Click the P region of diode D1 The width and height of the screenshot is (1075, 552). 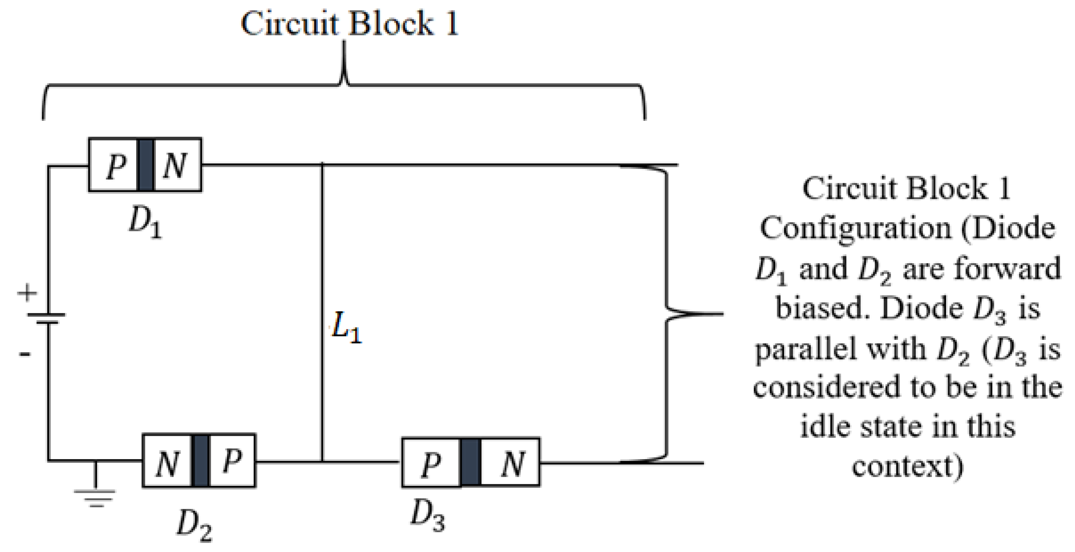113,165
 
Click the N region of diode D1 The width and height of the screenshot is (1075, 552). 177,165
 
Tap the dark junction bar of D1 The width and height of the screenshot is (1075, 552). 145,165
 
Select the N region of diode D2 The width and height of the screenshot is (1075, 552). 167,461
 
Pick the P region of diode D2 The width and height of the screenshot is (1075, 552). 232,461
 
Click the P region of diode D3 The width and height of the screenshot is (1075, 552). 431,463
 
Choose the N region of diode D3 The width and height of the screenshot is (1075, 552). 511,463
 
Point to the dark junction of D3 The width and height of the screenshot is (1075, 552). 471,463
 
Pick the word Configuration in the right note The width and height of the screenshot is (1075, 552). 856,229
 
